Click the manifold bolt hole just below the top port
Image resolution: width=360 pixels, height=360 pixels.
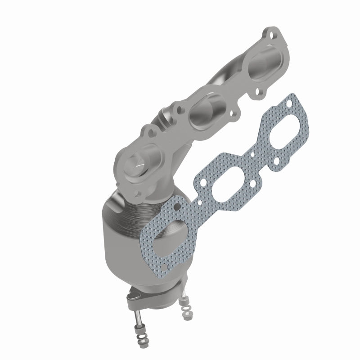pos(259,94)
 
